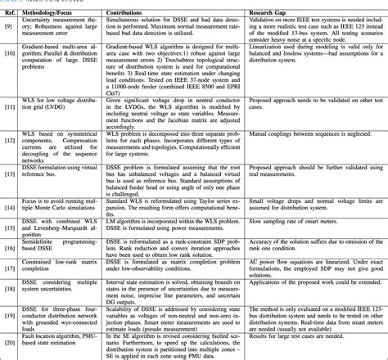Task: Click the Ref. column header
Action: tap(10, 13)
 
